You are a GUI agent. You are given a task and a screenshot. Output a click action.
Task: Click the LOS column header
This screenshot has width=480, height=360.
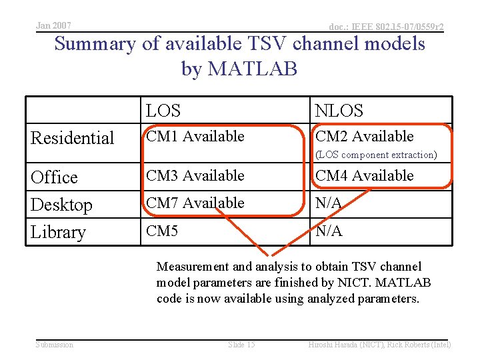pos(163,111)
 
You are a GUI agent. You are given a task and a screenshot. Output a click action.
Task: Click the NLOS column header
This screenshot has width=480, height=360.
pos(339,111)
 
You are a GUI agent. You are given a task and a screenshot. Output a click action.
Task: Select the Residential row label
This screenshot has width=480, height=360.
pos(73,138)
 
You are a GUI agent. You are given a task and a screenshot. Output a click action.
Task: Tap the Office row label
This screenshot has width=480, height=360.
pos(55,177)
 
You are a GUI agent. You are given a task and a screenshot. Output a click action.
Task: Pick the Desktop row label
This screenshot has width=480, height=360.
pos(61,205)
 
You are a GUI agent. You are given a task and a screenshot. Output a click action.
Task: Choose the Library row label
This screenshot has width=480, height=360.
pos(59,232)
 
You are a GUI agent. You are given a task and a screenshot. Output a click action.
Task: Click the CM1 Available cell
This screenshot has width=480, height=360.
pos(195,137)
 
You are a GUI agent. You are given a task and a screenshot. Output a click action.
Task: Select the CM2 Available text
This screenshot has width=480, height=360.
pos(364,137)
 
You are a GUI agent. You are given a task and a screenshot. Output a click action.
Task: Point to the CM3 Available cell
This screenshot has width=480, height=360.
pos(195,176)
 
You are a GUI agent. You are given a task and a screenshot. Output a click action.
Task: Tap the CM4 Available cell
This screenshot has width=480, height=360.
pos(364,176)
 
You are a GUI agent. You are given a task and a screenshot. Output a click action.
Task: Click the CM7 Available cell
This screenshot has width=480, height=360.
pos(195,203)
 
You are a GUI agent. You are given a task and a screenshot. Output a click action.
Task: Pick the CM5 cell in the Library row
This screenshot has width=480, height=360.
pos(161,231)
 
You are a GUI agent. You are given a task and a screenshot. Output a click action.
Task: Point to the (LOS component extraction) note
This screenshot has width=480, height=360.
pos(376,155)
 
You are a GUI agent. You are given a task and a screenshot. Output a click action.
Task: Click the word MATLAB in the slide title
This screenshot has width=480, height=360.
pos(259,69)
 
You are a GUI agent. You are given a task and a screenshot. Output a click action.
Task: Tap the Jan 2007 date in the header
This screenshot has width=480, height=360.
pos(53,25)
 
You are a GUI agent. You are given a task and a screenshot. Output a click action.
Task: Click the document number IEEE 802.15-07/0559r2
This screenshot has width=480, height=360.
pos(387,27)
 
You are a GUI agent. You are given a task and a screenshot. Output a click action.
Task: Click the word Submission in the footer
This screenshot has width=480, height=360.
pos(55,344)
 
